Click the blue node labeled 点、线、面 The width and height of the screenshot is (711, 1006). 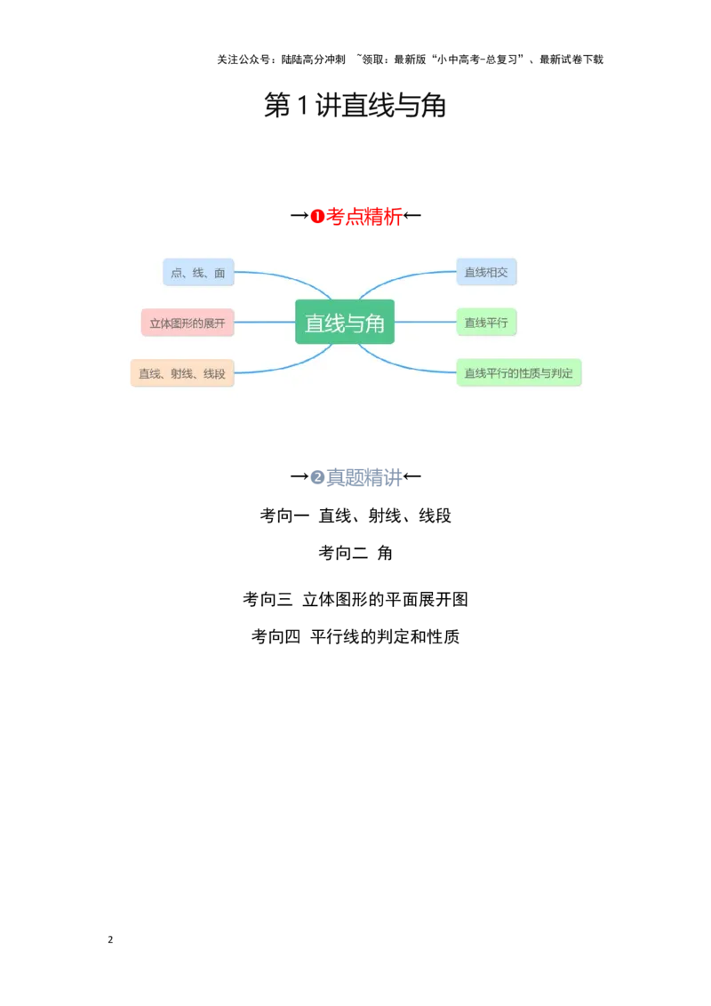(198, 272)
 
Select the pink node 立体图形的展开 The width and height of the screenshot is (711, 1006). (188, 323)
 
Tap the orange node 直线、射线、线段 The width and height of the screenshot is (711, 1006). (182, 373)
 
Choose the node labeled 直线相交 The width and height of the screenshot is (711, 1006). (486, 272)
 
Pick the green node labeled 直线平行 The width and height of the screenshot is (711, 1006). (486, 323)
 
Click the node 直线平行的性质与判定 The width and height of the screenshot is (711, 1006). (519, 373)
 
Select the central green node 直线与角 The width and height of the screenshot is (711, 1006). (345, 322)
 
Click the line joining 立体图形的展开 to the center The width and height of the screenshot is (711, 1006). (265, 322)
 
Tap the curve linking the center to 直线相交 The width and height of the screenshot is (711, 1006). (400, 276)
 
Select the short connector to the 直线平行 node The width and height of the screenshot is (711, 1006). (425, 322)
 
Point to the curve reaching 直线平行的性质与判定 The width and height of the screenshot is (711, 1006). (400, 363)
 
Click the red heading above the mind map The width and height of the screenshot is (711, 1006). (355, 217)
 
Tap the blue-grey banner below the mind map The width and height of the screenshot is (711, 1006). (357, 477)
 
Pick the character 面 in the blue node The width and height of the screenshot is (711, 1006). (220, 273)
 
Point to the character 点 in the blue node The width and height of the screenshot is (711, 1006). (176, 273)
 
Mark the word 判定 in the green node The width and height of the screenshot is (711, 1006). (563, 373)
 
